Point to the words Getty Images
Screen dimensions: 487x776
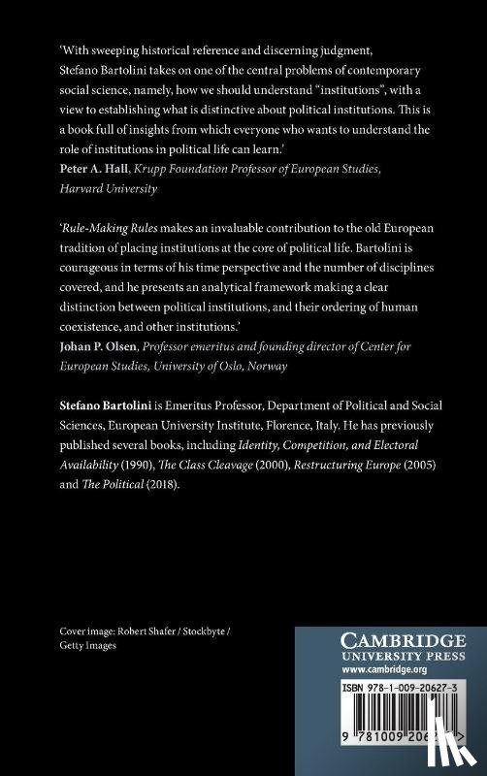[x=85, y=645]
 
